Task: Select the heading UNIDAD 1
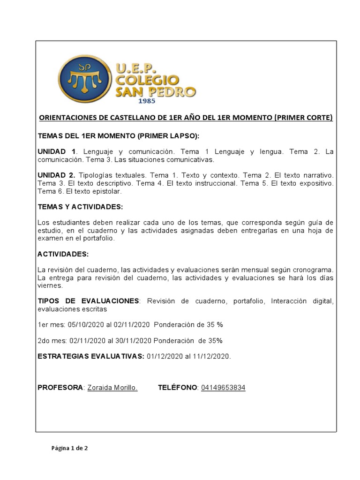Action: click(56, 152)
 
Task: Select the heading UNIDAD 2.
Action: click(56, 175)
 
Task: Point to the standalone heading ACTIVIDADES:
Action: click(63, 254)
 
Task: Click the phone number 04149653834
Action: click(223, 388)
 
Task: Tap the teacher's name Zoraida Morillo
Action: click(112, 388)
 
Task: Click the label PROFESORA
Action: click(60, 388)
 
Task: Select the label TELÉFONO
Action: click(178, 388)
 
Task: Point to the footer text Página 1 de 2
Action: click(69, 448)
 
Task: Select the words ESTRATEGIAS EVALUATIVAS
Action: click(90, 356)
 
